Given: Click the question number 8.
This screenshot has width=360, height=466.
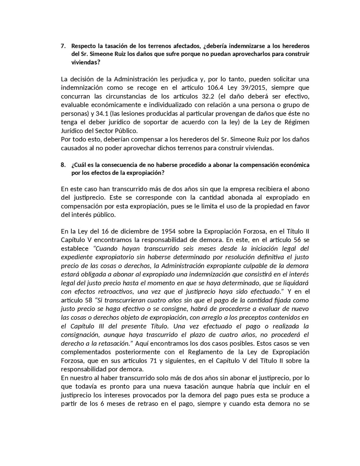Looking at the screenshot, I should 63,165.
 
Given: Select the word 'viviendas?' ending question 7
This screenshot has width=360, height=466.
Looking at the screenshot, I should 86,63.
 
